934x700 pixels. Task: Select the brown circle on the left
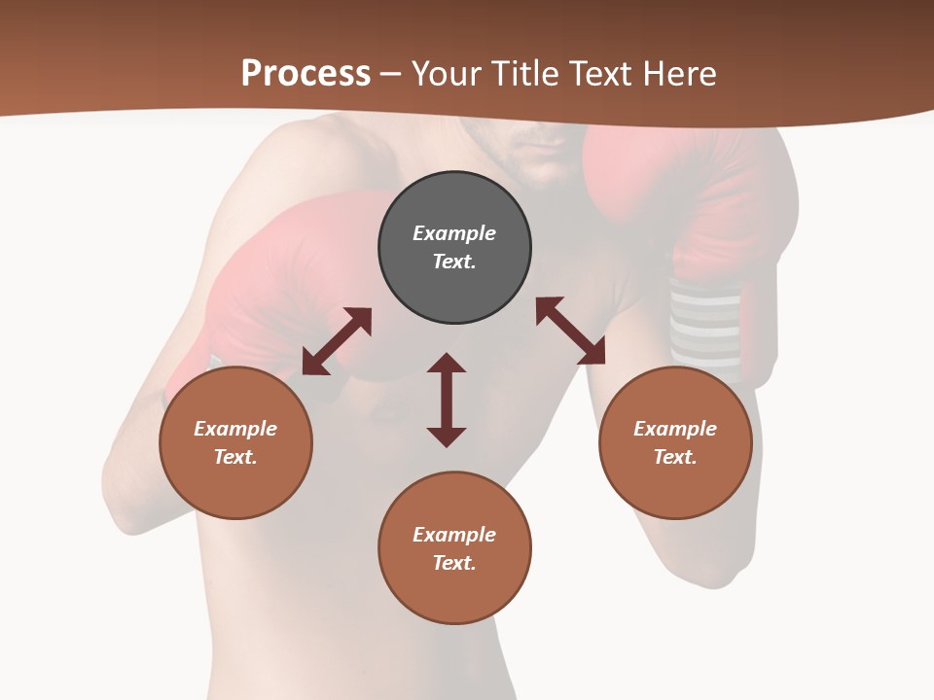coord(235,442)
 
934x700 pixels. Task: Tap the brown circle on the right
coord(675,442)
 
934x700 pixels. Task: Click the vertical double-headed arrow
coord(447,401)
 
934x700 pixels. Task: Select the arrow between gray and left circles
coord(337,341)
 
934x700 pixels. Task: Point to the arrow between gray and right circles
coord(570,331)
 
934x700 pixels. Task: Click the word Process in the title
coord(305,74)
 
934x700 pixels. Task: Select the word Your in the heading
coord(447,74)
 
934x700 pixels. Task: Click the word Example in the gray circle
coord(454,233)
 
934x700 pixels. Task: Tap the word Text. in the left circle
coord(235,457)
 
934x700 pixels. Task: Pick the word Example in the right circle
coord(675,429)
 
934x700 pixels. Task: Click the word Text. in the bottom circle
coord(454,563)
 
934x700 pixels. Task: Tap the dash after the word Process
coord(390,75)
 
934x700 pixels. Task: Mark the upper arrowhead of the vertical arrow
coord(447,363)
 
